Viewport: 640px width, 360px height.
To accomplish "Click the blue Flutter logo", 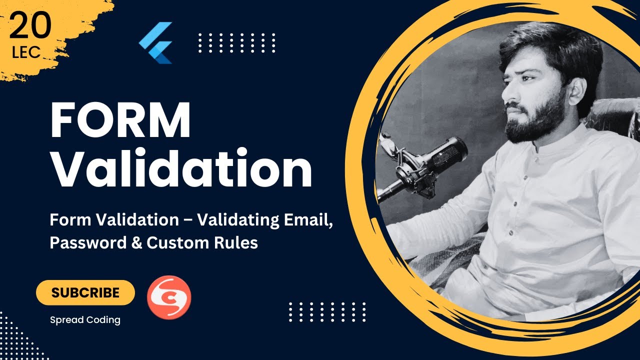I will [156, 42].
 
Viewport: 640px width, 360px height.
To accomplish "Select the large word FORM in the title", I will [120, 121].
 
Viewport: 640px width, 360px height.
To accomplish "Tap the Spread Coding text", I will [85, 320].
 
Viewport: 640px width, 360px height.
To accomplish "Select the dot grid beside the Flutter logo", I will [236, 42].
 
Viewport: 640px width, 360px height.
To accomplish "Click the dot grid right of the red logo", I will [327, 311].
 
